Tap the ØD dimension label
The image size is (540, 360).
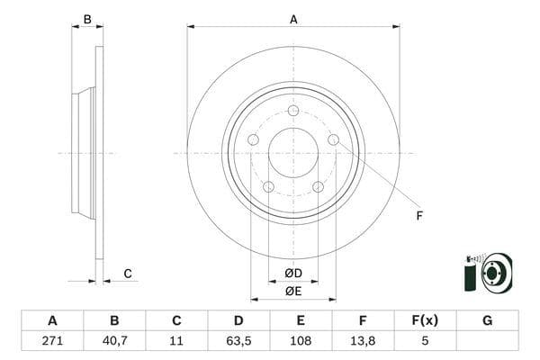tap(292, 273)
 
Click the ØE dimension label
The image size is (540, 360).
tap(292, 291)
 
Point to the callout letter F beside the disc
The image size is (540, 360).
tap(418, 216)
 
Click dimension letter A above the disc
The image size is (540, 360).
tap(293, 19)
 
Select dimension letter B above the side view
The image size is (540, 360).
tap(87, 19)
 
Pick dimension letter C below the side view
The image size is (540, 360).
tap(128, 274)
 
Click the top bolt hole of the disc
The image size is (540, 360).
tap(293, 111)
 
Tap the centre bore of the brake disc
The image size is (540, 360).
tap(293, 153)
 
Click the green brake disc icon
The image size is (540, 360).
tap(486, 272)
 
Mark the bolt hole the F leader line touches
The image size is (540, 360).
tap(333, 139)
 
